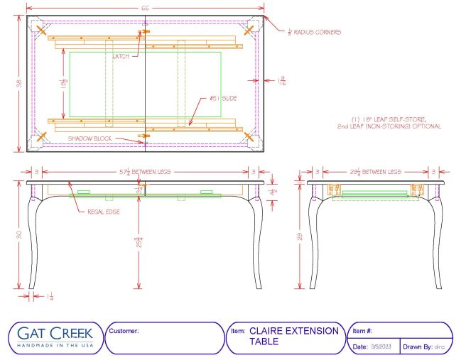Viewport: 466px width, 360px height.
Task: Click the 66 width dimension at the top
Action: coord(145,7)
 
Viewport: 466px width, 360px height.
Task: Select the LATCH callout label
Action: coord(121,57)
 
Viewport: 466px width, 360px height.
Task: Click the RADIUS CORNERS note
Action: coord(313,32)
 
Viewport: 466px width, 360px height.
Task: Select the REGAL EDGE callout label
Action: coord(103,212)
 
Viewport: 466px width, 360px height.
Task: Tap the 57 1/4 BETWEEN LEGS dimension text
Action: coord(144,171)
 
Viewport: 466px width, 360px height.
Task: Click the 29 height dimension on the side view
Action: coord(300,235)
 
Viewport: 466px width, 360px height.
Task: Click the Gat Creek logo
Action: coord(53,337)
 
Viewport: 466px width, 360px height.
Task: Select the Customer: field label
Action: coord(124,331)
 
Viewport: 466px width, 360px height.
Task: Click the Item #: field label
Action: coord(362,331)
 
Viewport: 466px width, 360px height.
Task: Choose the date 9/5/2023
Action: coord(383,347)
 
